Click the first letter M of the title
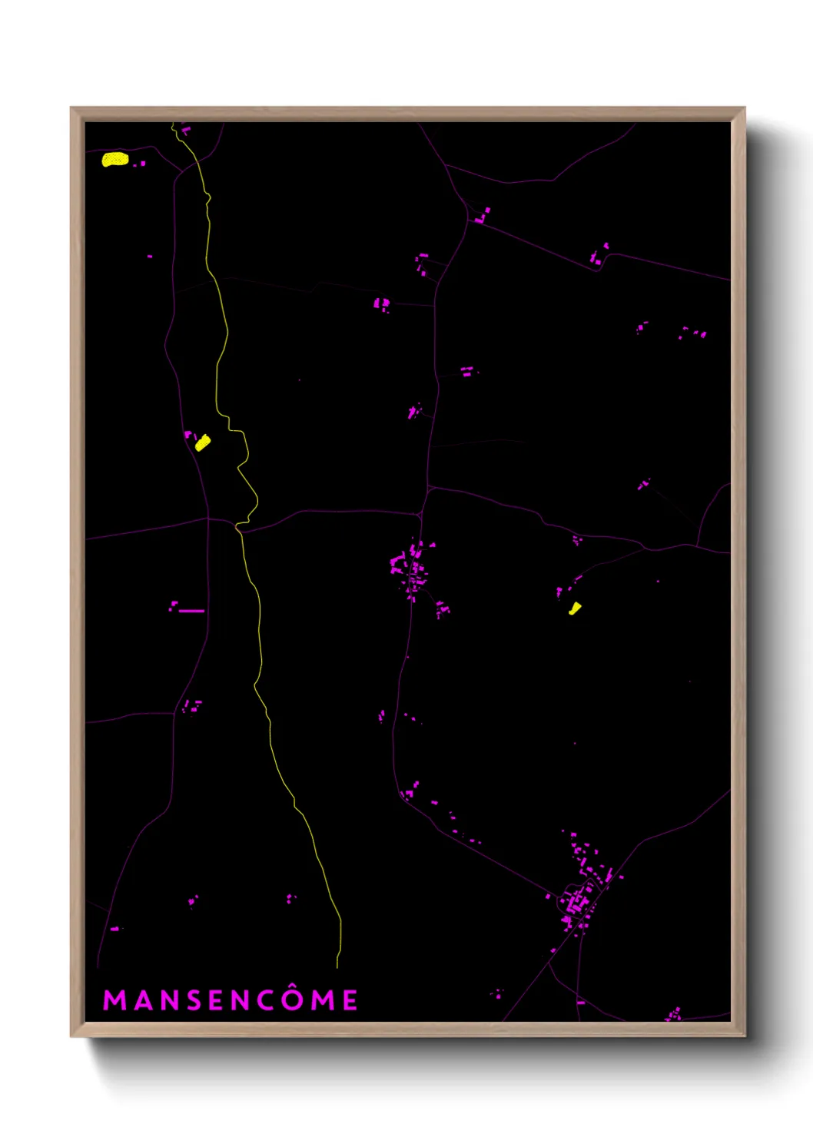114,1000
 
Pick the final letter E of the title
350,1000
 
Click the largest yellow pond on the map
115,159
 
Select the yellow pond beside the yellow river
203,443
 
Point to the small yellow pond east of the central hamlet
574,608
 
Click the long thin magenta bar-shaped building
191,611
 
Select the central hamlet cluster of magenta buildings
411,568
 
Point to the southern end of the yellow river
338,965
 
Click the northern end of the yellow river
174,125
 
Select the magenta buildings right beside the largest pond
141,164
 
